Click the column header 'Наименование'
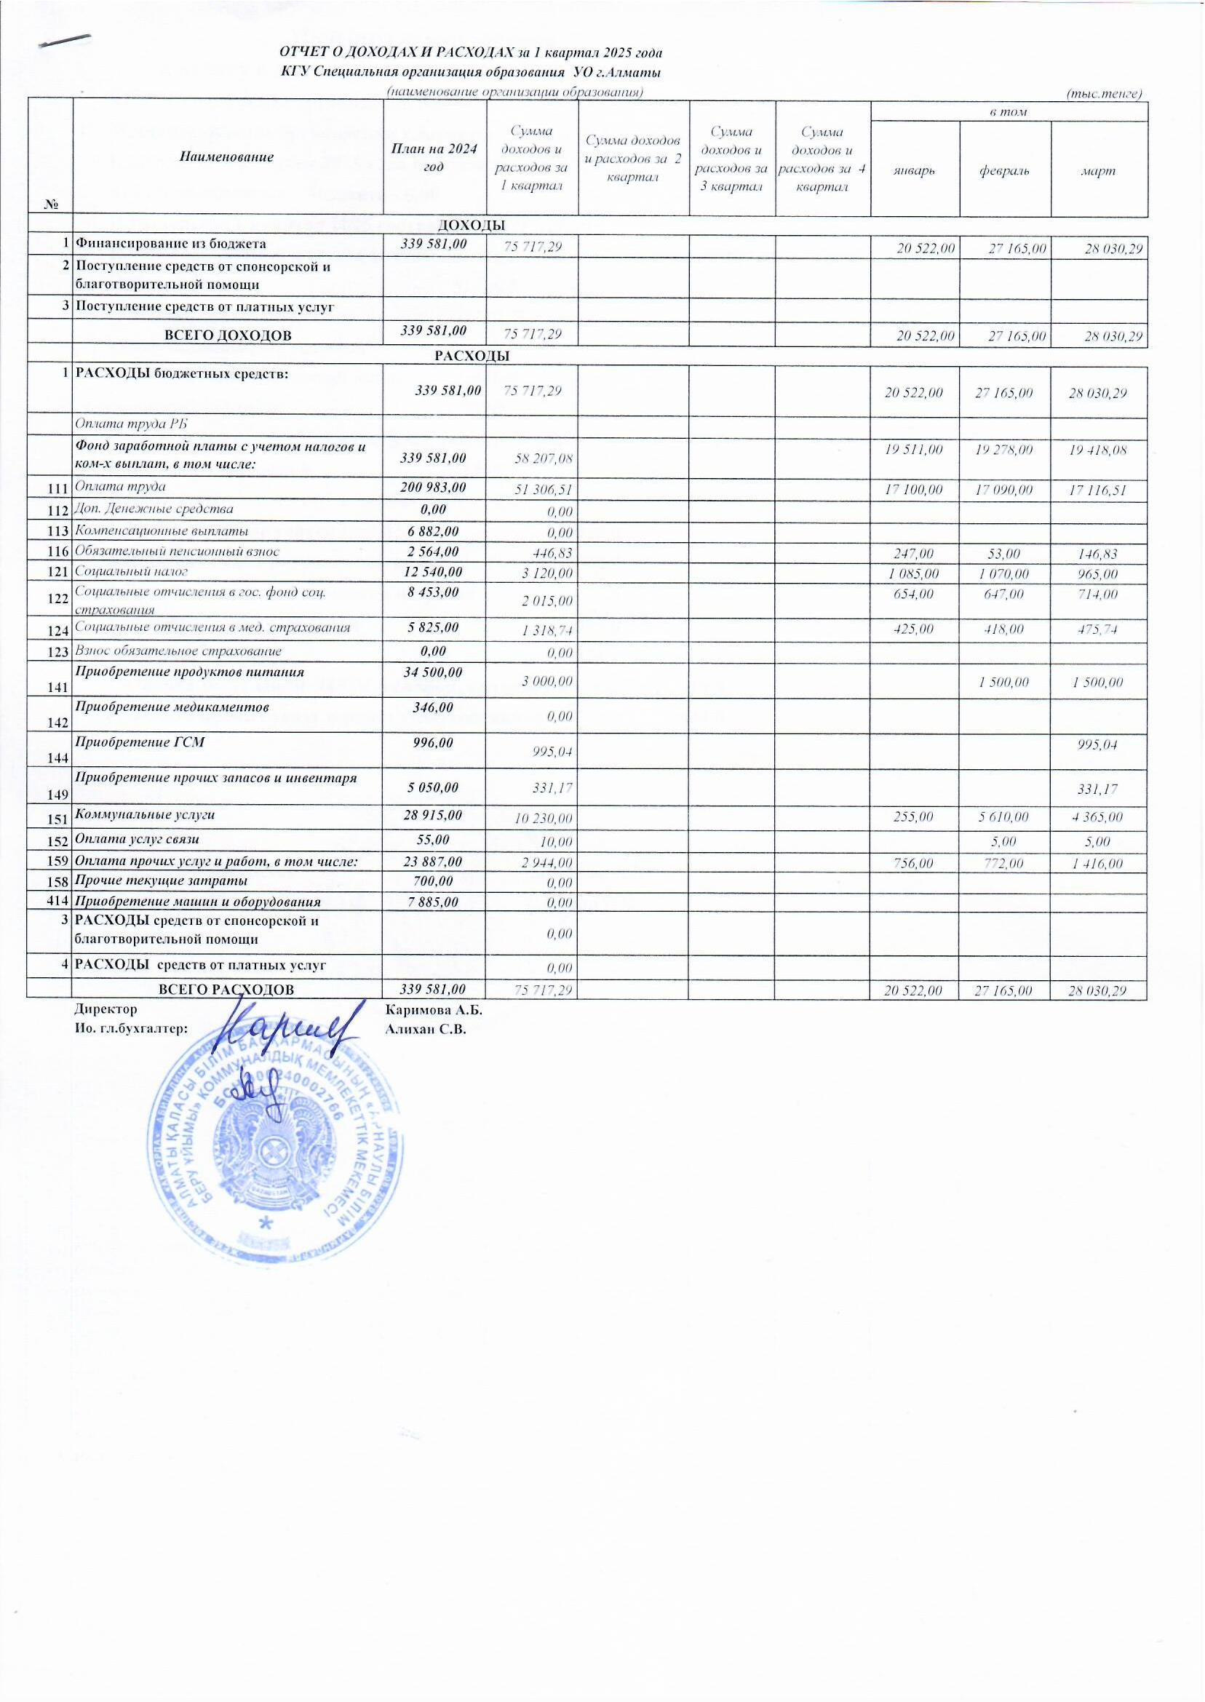pos(226,157)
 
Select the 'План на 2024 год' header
pos(434,157)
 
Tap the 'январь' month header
pos(914,170)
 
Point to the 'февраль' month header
pos(1005,170)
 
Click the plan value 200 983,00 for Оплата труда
pos(434,486)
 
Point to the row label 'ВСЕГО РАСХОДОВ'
pos(227,989)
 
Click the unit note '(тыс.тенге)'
pos(1103,93)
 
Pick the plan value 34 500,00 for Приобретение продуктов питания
pos(434,672)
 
